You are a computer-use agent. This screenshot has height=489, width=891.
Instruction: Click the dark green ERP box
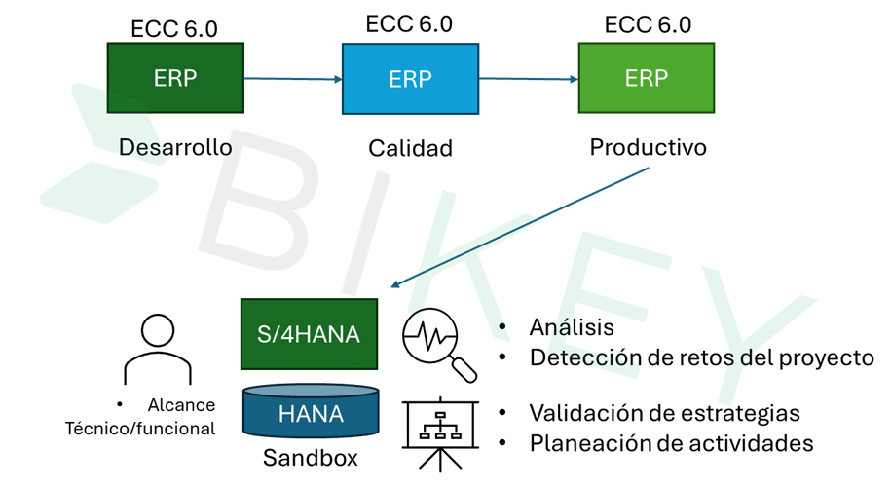point(175,78)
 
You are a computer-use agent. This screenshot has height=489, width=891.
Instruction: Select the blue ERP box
point(410,79)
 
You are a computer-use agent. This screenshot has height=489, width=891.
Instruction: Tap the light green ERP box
point(646,78)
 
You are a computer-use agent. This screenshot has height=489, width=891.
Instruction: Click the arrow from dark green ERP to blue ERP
point(292,79)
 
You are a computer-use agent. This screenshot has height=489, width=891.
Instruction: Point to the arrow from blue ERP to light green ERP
point(528,79)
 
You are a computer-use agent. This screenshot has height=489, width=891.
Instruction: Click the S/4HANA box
point(309,334)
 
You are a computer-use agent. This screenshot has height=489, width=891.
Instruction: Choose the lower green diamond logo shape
point(97,192)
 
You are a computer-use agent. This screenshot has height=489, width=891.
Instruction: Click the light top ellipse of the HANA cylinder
point(311,391)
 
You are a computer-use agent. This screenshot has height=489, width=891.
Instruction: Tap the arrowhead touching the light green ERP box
point(574,79)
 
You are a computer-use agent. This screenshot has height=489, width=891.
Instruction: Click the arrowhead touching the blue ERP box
point(337,79)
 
